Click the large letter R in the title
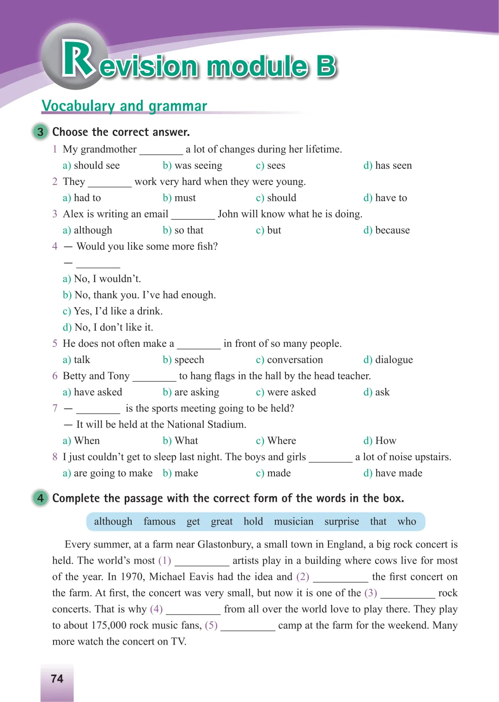click(x=78, y=59)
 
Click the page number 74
click(x=57, y=678)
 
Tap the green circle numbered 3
click(x=41, y=132)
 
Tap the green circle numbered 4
click(x=41, y=498)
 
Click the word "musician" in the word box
click(x=293, y=522)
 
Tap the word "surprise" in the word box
click(x=341, y=522)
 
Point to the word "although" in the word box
click(x=113, y=522)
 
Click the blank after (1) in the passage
click(x=202, y=561)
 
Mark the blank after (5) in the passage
click(x=248, y=626)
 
